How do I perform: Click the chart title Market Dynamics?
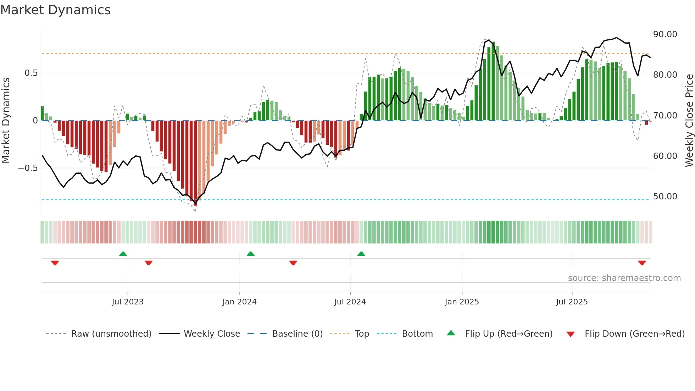[x=55, y=10]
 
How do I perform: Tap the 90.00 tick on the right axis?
[x=665, y=34]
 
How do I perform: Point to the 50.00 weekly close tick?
[x=665, y=196]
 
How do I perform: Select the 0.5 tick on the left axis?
[x=31, y=73]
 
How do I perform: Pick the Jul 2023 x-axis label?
[x=128, y=302]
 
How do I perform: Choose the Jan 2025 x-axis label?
[x=462, y=302]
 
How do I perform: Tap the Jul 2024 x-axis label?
[x=350, y=302]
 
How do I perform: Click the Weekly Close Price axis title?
[x=689, y=121]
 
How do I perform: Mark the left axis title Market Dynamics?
[x=6, y=121]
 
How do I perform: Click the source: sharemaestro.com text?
[x=624, y=278]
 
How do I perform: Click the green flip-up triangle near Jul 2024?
[x=361, y=254]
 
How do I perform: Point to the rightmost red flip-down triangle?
[x=642, y=263]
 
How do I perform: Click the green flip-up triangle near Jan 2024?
[x=250, y=254]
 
